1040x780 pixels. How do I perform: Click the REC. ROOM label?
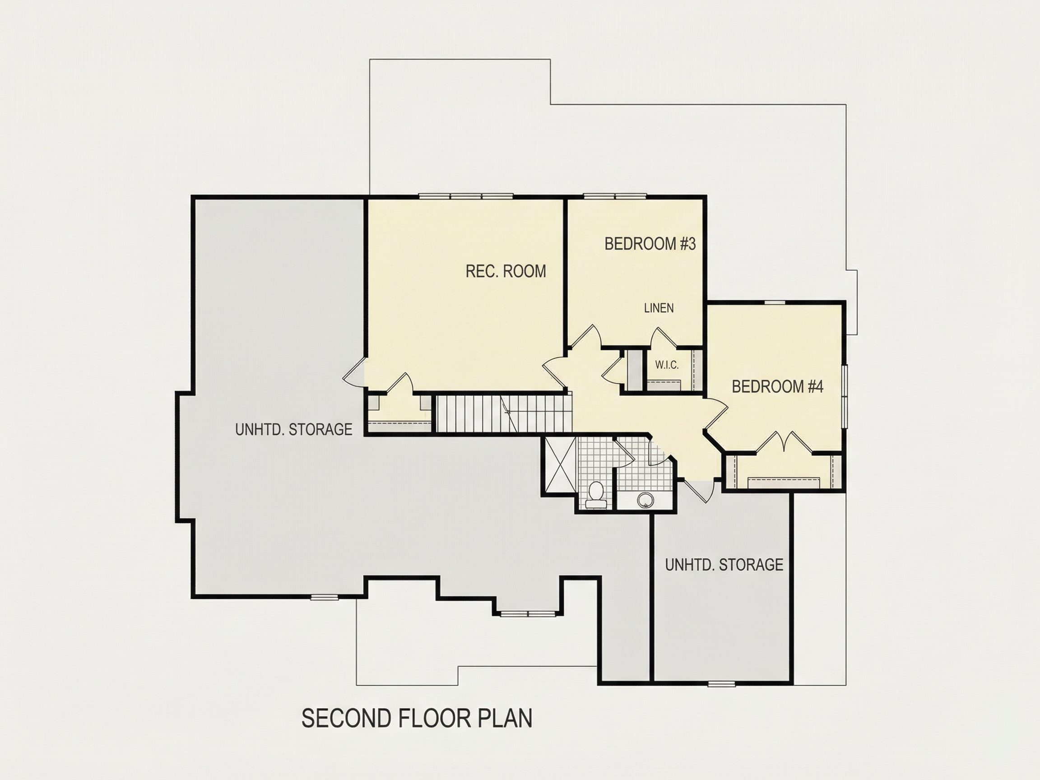[506, 271]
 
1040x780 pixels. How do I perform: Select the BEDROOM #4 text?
[778, 386]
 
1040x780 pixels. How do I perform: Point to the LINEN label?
[659, 308]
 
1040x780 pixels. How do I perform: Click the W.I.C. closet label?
[667, 365]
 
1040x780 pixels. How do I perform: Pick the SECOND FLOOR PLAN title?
[417, 719]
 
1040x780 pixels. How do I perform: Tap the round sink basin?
[645, 500]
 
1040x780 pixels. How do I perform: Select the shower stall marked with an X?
[559, 464]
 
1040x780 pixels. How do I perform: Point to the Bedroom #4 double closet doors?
[784, 443]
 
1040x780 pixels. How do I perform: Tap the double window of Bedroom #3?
[614, 196]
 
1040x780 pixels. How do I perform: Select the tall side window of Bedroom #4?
[844, 396]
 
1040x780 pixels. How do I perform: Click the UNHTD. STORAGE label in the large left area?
[294, 429]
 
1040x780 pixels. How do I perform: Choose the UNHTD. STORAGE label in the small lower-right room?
[724, 565]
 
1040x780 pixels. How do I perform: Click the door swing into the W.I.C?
[663, 338]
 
